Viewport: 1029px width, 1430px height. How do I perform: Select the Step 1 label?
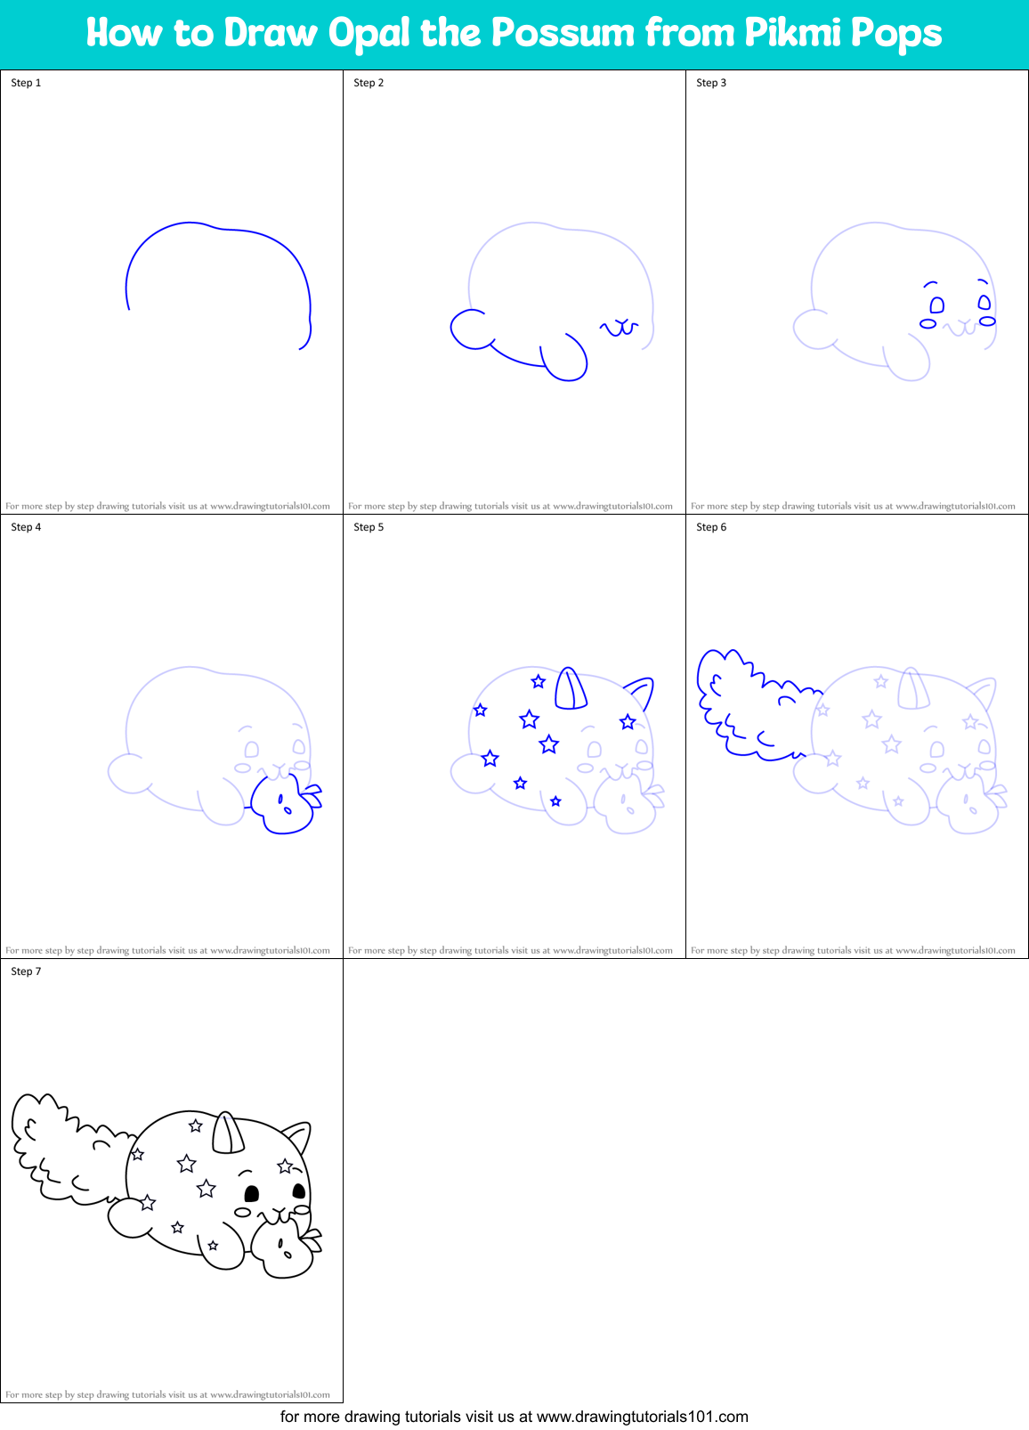26,83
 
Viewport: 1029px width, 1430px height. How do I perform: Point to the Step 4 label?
26,527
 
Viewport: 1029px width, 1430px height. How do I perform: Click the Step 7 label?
26,971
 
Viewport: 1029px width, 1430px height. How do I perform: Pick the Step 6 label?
711,527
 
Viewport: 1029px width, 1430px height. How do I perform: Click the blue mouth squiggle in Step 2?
620,328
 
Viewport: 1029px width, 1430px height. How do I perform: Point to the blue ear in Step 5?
641,691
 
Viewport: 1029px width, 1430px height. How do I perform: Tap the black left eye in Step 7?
252,1193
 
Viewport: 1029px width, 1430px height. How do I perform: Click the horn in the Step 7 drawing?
227,1133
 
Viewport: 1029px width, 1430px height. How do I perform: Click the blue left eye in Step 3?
936,305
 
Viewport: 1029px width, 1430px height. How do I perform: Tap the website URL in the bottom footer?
643,1417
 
